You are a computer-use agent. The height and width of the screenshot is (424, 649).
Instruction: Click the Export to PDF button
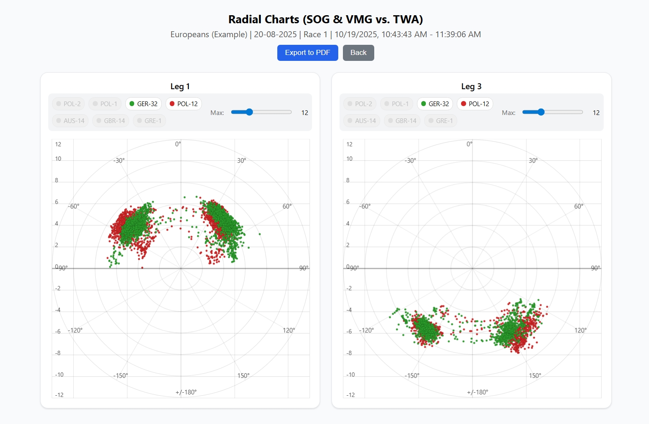click(307, 53)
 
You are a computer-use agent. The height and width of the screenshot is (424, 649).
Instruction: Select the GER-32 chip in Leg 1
click(143, 104)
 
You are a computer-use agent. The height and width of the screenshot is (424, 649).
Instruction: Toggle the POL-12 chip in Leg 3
click(475, 104)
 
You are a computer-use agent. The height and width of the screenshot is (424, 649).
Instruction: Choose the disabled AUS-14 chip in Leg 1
click(70, 121)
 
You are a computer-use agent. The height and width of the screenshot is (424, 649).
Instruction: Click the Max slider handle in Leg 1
click(249, 112)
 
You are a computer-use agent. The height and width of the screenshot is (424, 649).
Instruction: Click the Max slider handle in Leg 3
click(541, 112)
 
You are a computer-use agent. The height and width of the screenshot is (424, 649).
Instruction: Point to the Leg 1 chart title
click(180, 87)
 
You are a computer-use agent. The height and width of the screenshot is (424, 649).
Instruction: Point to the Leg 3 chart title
click(471, 87)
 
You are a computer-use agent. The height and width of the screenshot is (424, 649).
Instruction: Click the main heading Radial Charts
click(325, 19)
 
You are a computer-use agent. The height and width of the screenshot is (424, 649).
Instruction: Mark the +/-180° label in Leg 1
click(186, 392)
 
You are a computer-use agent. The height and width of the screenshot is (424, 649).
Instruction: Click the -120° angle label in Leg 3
click(367, 331)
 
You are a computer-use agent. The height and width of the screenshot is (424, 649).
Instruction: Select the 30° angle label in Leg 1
click(241, 161)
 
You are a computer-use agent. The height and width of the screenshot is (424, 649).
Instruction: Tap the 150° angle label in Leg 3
click(535, 376)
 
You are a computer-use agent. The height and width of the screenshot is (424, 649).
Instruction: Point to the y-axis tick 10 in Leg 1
click(58, 159)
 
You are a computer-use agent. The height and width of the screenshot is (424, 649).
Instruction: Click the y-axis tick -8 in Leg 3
click(349, 353)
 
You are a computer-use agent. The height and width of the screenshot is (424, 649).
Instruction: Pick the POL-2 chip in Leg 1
click(68, 104)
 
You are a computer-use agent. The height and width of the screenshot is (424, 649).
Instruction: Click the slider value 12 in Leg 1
click(304, 113)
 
